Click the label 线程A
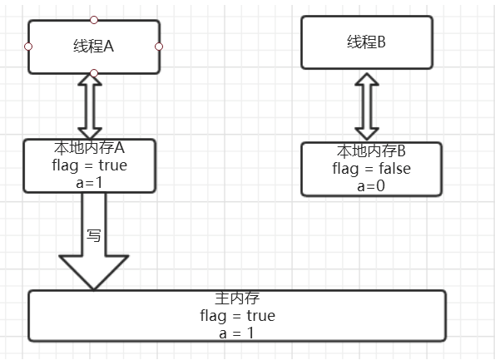coord(93,47)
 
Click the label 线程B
coord(367,42)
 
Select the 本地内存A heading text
coord(89,148)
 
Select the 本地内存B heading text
coord(371,150)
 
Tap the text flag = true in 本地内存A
coord(90,165)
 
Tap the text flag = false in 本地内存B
coord(372,169)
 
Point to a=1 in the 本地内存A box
coord(89,183)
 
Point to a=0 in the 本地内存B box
coord(371,186)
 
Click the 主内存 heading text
coord(237,298)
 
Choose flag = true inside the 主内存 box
coord(237,315)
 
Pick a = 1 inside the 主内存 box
coord(237,333)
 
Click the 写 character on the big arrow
coord(94,235)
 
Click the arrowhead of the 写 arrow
coord(94,272)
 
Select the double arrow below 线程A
coord(90,106)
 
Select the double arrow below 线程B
coord(367,106)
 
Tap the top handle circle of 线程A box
coord(94,20)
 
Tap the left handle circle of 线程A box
coord(28,47)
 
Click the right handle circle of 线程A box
coord(159,47)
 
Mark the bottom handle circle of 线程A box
coord(94,73)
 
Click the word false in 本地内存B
coord(395,168)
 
